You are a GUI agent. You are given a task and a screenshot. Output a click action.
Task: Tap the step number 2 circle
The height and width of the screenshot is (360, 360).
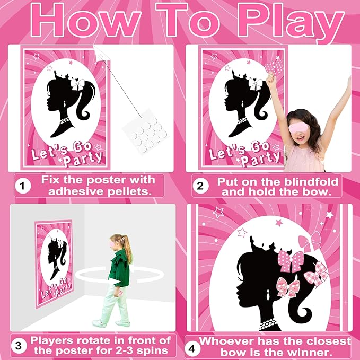click(200, 186)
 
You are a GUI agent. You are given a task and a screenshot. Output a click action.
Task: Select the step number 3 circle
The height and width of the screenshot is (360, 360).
click(20, 346)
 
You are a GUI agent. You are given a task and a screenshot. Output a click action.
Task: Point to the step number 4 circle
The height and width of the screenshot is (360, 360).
click(192, 347)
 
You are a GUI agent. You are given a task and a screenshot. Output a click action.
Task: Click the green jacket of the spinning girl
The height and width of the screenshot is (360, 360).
click(120, 269)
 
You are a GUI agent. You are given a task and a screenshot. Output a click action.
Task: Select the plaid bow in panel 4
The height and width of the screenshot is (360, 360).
click(314, 275)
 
